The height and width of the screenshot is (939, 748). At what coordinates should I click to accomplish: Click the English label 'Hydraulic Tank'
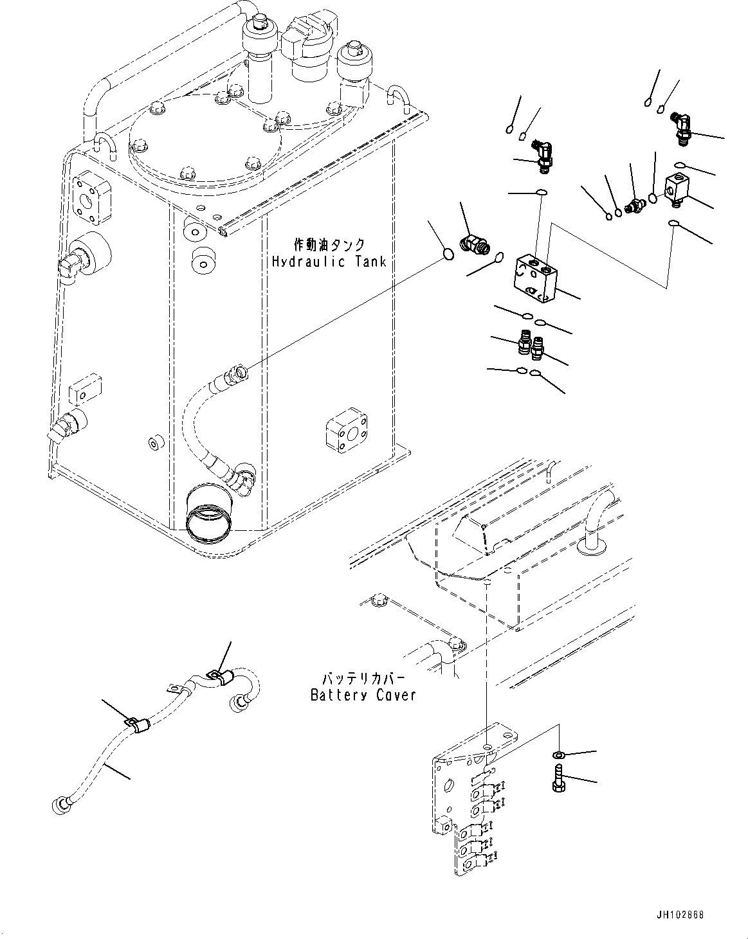(x=329, y=262)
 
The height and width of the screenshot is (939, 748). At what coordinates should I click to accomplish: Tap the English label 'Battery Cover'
(x=363, y=695)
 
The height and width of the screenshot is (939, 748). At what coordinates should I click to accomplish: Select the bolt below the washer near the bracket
(x=558, y=778)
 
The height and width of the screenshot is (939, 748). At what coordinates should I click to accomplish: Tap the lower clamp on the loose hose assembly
(x=136, y=725)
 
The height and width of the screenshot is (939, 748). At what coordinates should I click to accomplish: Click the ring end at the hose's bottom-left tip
(x=60, y=805)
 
